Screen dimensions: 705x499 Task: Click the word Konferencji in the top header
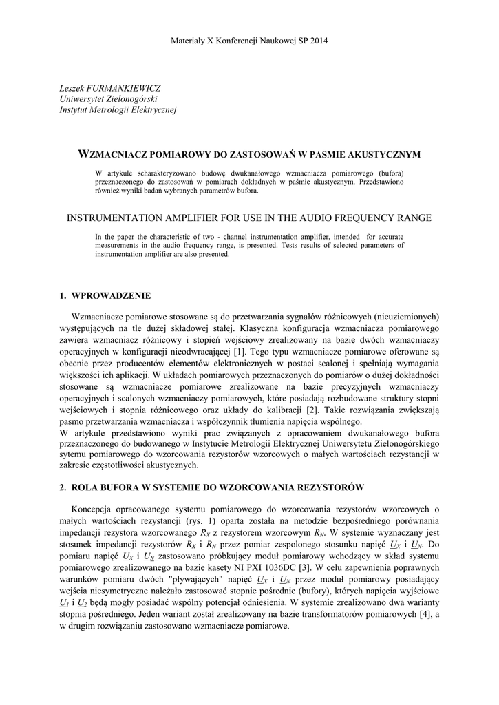coord(236,41)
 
